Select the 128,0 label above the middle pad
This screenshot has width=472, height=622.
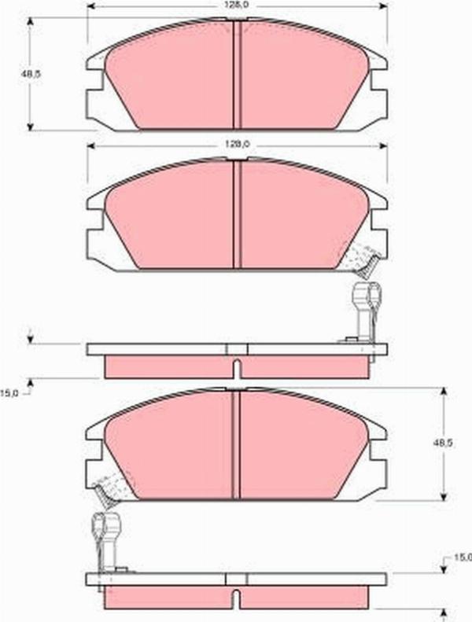[x=237, y=145]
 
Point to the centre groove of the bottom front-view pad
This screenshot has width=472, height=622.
[x=235, y=444]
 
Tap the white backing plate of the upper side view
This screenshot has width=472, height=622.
[x=236, y=348]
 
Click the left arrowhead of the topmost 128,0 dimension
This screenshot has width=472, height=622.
[x=90, y=6]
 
